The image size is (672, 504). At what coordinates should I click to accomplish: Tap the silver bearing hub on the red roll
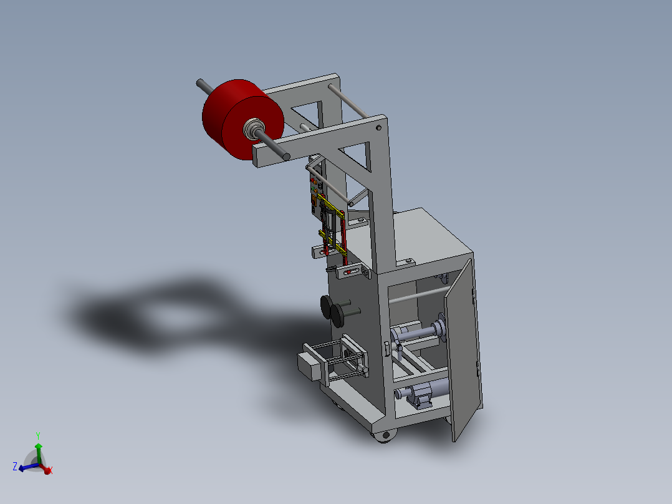click(254, 129)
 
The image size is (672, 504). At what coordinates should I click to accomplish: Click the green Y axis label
click(38, 435)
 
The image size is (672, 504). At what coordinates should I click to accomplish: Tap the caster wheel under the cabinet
click(383, 436)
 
